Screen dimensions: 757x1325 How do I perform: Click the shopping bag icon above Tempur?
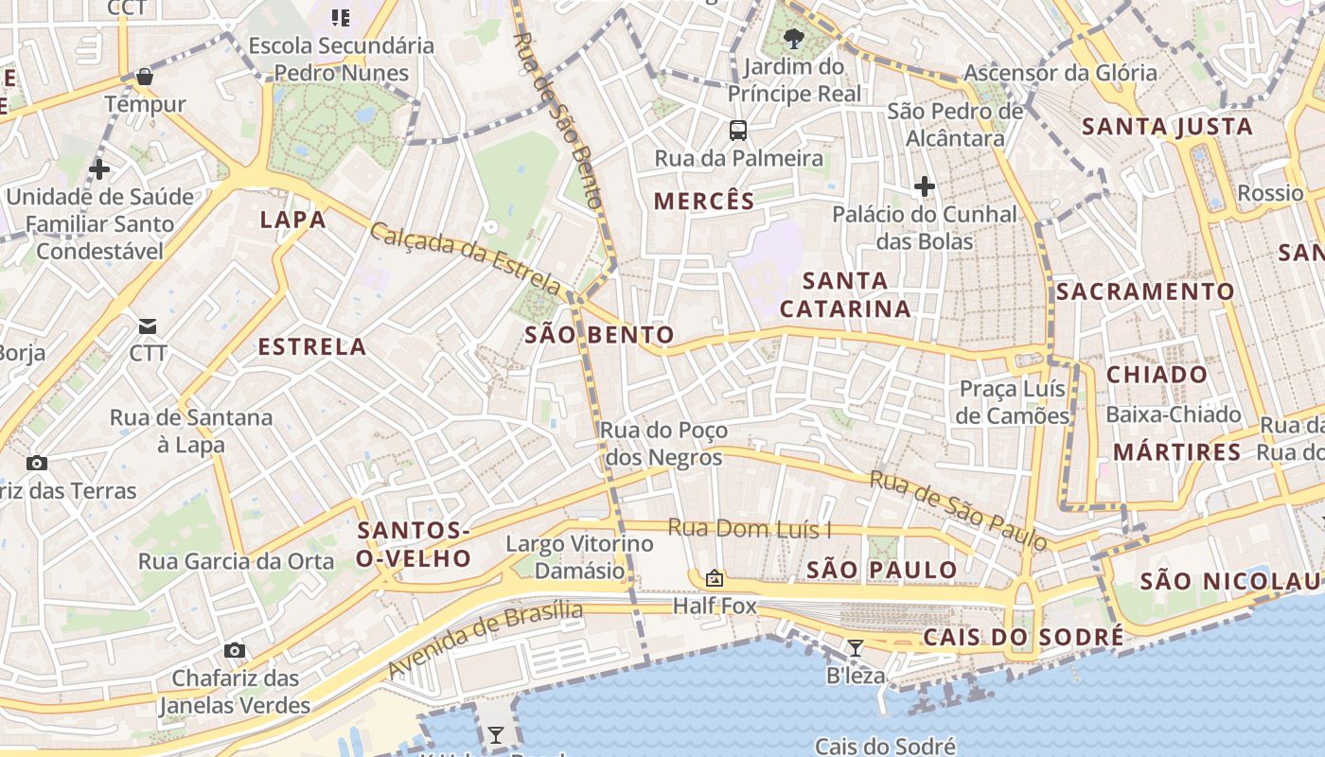[145, 76]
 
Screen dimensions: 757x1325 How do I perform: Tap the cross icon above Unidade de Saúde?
[99, 170]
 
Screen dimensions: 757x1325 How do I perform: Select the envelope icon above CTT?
[148, 326]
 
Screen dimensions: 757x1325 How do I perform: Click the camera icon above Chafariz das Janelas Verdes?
[235, 650]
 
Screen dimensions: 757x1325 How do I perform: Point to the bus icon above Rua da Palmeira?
[738, 131]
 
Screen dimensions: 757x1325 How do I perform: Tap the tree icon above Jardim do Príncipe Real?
[794, 39]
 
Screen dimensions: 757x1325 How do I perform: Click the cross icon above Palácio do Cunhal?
[925, 186]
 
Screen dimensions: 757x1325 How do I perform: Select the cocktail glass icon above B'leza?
[856, 648]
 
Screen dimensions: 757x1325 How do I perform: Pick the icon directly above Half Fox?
[715, 577]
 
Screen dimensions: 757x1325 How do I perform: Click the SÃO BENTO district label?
[600, 334]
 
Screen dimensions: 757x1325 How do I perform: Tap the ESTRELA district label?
[312, 346]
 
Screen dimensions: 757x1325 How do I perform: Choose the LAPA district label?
[293, 220]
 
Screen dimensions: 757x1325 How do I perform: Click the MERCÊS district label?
[705, 201]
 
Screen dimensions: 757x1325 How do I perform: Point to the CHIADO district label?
[1157, 374]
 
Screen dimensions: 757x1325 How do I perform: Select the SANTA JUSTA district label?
[1167, 127]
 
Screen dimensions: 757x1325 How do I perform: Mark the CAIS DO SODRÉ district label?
[1023, 637]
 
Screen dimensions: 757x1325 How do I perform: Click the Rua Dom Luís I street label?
[751, 528]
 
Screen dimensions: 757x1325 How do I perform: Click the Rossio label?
[1271, 193]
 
